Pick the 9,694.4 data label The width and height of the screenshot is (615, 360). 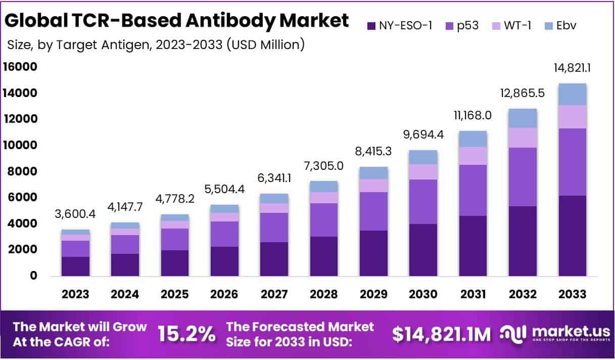click(x=423, y=136)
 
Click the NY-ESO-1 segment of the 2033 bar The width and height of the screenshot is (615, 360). click(x=573, y=236)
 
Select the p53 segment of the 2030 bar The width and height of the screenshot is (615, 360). click(x=423, y=202)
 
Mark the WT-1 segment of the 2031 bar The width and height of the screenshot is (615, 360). click(x=473, y=156)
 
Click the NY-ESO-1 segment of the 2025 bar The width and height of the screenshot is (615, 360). click(x=175, y=263)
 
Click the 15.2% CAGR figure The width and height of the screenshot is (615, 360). click(x=186, y=334)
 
